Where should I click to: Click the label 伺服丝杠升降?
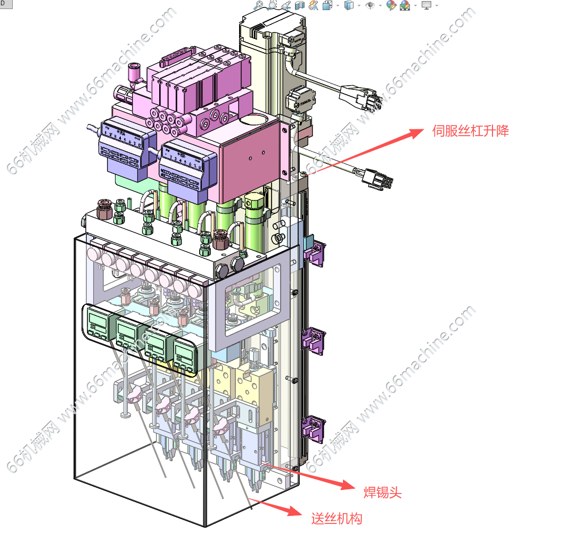(x=470, y=131)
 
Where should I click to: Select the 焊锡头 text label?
(x=382, y=493)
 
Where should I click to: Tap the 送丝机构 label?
(x=336, y=518)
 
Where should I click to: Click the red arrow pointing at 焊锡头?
(x=309, y=476)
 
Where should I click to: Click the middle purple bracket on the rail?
(x=314, y=340)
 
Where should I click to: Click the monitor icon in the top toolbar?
(x=426, y=5)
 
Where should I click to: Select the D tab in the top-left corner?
(x=3, y=3)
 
